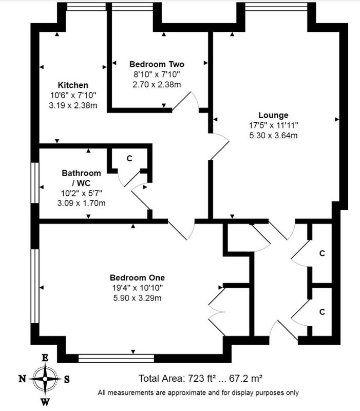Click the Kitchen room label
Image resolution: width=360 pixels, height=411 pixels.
click(73, 85)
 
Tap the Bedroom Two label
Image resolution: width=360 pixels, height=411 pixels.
click(157, 64)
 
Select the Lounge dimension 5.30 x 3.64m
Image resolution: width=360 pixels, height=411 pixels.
click(273, 136)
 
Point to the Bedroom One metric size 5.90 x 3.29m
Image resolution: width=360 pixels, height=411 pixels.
click(137, 298)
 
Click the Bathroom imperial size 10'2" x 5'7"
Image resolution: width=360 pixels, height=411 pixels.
click(82, 193)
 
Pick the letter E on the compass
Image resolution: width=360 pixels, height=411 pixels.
click(45, 358)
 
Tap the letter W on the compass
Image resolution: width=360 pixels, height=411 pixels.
click(45, 401)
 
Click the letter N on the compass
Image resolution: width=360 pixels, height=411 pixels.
click(23, 379)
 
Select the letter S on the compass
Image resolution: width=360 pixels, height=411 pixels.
click(67, 379)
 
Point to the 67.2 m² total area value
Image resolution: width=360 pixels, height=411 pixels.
click(246, 379)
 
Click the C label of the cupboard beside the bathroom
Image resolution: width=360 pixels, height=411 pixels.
click(129, 159)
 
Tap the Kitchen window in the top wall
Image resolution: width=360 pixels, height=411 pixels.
click(86, 7)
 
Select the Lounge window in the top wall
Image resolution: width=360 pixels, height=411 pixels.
click(276, 7)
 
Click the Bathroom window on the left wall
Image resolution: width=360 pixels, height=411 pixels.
click(35, 183)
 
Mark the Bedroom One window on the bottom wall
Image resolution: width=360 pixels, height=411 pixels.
click(117, 358)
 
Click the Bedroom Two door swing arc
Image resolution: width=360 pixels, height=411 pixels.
click(197, 100)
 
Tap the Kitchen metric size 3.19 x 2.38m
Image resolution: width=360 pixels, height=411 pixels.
click(73, 105)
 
